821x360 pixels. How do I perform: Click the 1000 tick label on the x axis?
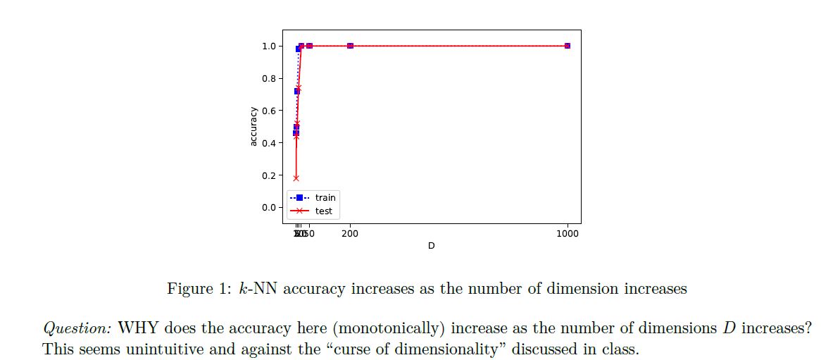pos(568,233)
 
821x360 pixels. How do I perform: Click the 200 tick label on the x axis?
pos(350,233)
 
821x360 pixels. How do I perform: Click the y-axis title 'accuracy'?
pos(253,127)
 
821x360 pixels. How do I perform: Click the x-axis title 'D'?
pos(431,246)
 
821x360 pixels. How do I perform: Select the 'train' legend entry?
pos(325,198)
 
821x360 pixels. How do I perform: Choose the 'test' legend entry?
pos(323,211)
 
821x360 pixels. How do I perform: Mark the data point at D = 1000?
pos(568,46)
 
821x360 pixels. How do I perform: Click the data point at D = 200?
pos(350,46)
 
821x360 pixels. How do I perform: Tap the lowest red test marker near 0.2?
pos(296,178)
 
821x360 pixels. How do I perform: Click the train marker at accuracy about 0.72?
pos(296,91)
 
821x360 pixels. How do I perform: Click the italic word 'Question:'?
pos(77,329)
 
